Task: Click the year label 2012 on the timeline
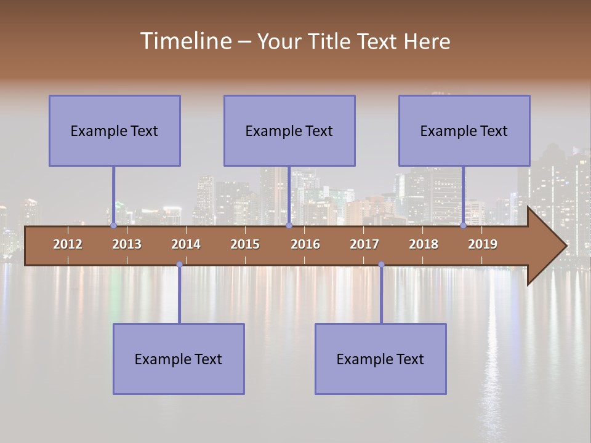point(68,244)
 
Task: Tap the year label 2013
point(127,244)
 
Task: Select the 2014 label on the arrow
point(186,244)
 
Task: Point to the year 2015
point(245,244)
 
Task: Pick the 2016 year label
point(305,244)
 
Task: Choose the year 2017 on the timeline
point(364,244)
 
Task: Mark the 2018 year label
point(424,244)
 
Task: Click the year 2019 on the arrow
point(483,244)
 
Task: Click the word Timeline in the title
point(185,41)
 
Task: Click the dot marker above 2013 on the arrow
point(113,226)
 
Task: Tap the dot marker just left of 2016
point(289,226)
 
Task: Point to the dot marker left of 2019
point(463,226)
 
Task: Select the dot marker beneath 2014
point(179,265)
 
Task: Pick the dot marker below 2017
point(381,265)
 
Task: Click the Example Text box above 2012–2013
point(115,130)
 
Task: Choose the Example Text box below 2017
point(380,359)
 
